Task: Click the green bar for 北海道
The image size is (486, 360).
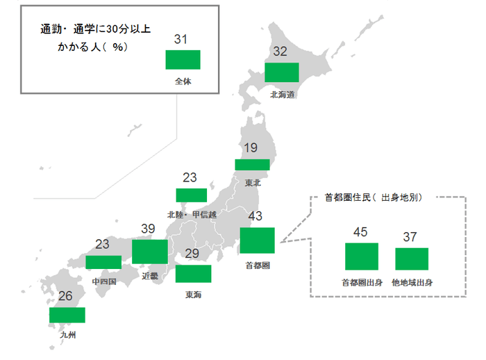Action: click(282, 73)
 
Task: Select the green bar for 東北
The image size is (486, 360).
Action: click(252, 165)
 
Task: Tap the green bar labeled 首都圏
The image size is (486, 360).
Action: click(257, 240)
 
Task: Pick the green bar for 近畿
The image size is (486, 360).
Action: click(149, 251)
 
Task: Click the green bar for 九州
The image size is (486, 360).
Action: click(67, 315)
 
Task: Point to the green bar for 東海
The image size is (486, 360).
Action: click(193, 274)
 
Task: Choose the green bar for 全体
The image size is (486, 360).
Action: click(183, 59)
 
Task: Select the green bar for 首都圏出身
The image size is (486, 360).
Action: click(361, 256)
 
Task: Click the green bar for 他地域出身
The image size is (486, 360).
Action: click(412, 259)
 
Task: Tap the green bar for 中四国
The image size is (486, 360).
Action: click(103, 261)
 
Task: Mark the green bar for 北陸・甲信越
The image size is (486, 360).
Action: click(192, 195)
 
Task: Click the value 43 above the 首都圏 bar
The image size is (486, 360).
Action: click(255, 217)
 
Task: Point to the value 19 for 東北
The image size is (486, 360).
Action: click(251, 148)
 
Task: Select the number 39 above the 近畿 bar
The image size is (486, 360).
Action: click(147, 229)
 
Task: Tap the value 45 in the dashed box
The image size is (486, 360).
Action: click(361, 232)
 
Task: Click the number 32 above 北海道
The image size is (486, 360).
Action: click(280, 51)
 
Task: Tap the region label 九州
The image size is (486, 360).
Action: click(67, 335)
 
